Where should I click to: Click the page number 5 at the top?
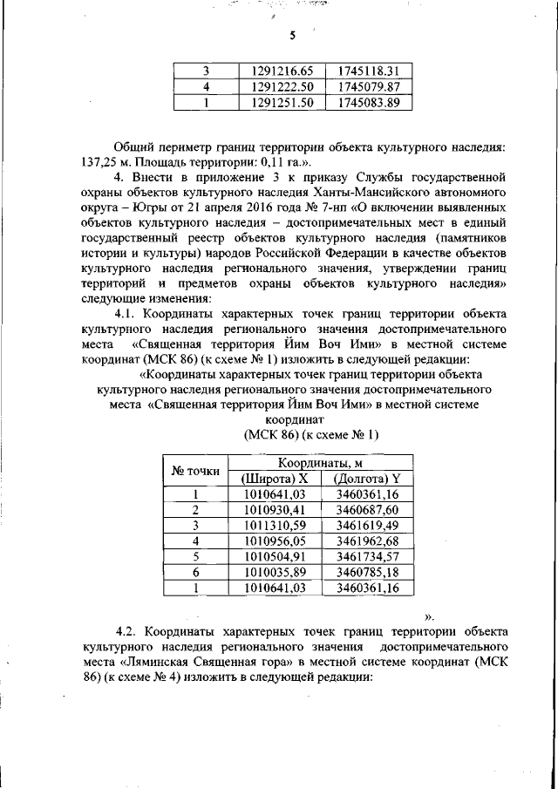pyautogui.click(x=293, y=36)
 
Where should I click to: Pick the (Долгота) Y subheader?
pyautogui.click(x=366, y=479)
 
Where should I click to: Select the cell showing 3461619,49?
pyautogui.click(x=367, y=526)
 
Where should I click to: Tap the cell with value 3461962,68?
pyautogui.click(x=367, y=541)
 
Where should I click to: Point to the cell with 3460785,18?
pyautogui.click(x=367, y=573)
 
